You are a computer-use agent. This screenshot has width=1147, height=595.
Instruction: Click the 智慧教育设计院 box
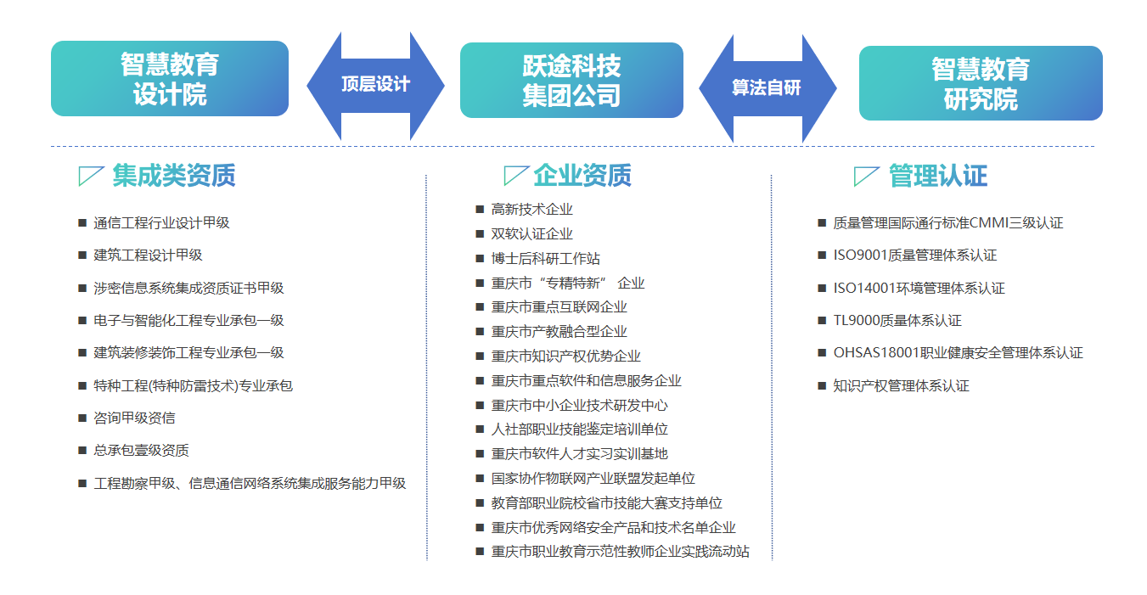click(170, 78)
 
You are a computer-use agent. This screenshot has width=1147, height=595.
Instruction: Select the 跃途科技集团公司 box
click(571, 81)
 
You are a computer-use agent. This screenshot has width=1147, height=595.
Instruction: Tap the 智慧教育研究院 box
click(981, 83)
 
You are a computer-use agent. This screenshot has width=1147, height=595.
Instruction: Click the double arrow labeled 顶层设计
click(375, 86)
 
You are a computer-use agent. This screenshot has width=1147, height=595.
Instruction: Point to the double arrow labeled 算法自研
click(767, 88)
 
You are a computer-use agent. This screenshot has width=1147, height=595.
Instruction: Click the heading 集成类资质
click(173, 176)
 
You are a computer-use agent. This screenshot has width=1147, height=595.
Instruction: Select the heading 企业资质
click(582, 176)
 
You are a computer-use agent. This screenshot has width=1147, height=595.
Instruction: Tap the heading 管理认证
click(938, 177)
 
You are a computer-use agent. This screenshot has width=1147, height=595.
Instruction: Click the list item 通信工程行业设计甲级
click(161, 222)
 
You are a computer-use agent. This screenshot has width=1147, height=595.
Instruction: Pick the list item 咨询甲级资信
click(134, 418)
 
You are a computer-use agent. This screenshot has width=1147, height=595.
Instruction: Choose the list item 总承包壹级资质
click(141, 451)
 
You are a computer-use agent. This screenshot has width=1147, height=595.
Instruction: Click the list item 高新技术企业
click(532, 210)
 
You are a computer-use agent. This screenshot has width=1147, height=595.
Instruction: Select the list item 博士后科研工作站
click(545, 259)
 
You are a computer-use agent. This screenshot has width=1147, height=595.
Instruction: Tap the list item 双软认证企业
click(532, 234)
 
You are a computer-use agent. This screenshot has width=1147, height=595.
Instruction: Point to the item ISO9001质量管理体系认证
click(915, 255)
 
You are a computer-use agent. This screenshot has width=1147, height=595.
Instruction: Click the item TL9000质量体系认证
click(897, 321)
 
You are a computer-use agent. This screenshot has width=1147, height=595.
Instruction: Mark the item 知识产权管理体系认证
click(902, 385)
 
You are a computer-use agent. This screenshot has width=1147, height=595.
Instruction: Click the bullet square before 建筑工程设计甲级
click(82, 255)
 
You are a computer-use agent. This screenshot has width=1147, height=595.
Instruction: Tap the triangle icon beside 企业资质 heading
click(515, 176)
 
